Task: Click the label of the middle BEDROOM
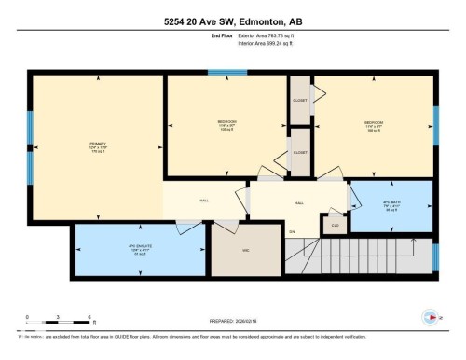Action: tap(226, 124)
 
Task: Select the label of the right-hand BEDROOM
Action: tap(374, 124)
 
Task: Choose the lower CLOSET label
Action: tap(300, 151)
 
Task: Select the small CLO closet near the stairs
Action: tap(333, 224)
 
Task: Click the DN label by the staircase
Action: tap(292, 232)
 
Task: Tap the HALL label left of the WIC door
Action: tap(203, 200)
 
